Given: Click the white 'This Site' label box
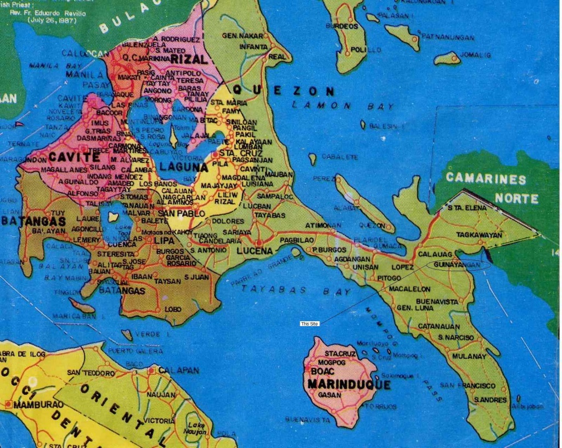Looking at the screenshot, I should [x=309, y=324].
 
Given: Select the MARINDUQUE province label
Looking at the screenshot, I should [x=349, y=384].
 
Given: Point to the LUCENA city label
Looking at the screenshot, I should [x=254, y=250].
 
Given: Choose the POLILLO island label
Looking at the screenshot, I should [x=366, y=50].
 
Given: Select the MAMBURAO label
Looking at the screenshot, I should [x=38, y=405].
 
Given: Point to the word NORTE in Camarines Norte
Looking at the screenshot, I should [x=516, y=198].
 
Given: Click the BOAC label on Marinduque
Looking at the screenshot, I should [x=324, y=371].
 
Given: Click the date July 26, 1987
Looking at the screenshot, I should [x=52, y=20].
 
